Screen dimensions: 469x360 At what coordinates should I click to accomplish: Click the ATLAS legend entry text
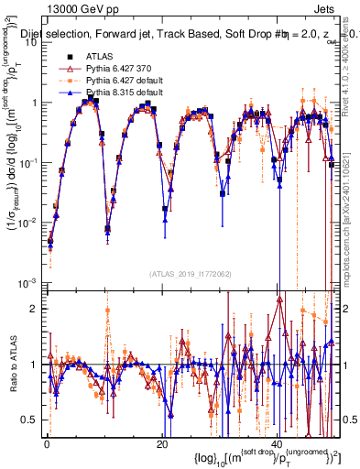click(100, 57)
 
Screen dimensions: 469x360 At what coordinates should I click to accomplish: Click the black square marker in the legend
click(69, 57)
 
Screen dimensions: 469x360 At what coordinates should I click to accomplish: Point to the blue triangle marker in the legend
click(69, 93)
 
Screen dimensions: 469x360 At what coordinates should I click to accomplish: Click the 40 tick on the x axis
click(278, 443)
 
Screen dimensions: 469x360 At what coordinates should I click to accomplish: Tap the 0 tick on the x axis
click(47, 443)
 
